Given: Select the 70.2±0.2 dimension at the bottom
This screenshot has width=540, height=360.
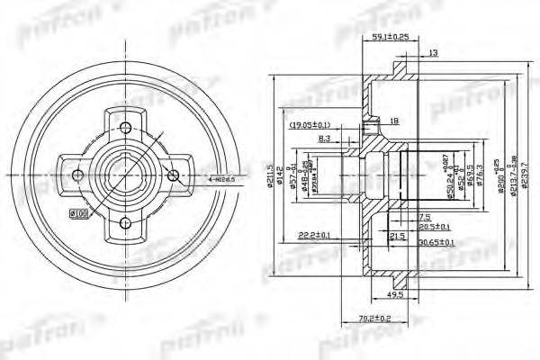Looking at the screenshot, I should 360,317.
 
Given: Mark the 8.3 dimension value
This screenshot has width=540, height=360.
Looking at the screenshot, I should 324,139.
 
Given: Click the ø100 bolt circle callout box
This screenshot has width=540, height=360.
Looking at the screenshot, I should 78,212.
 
